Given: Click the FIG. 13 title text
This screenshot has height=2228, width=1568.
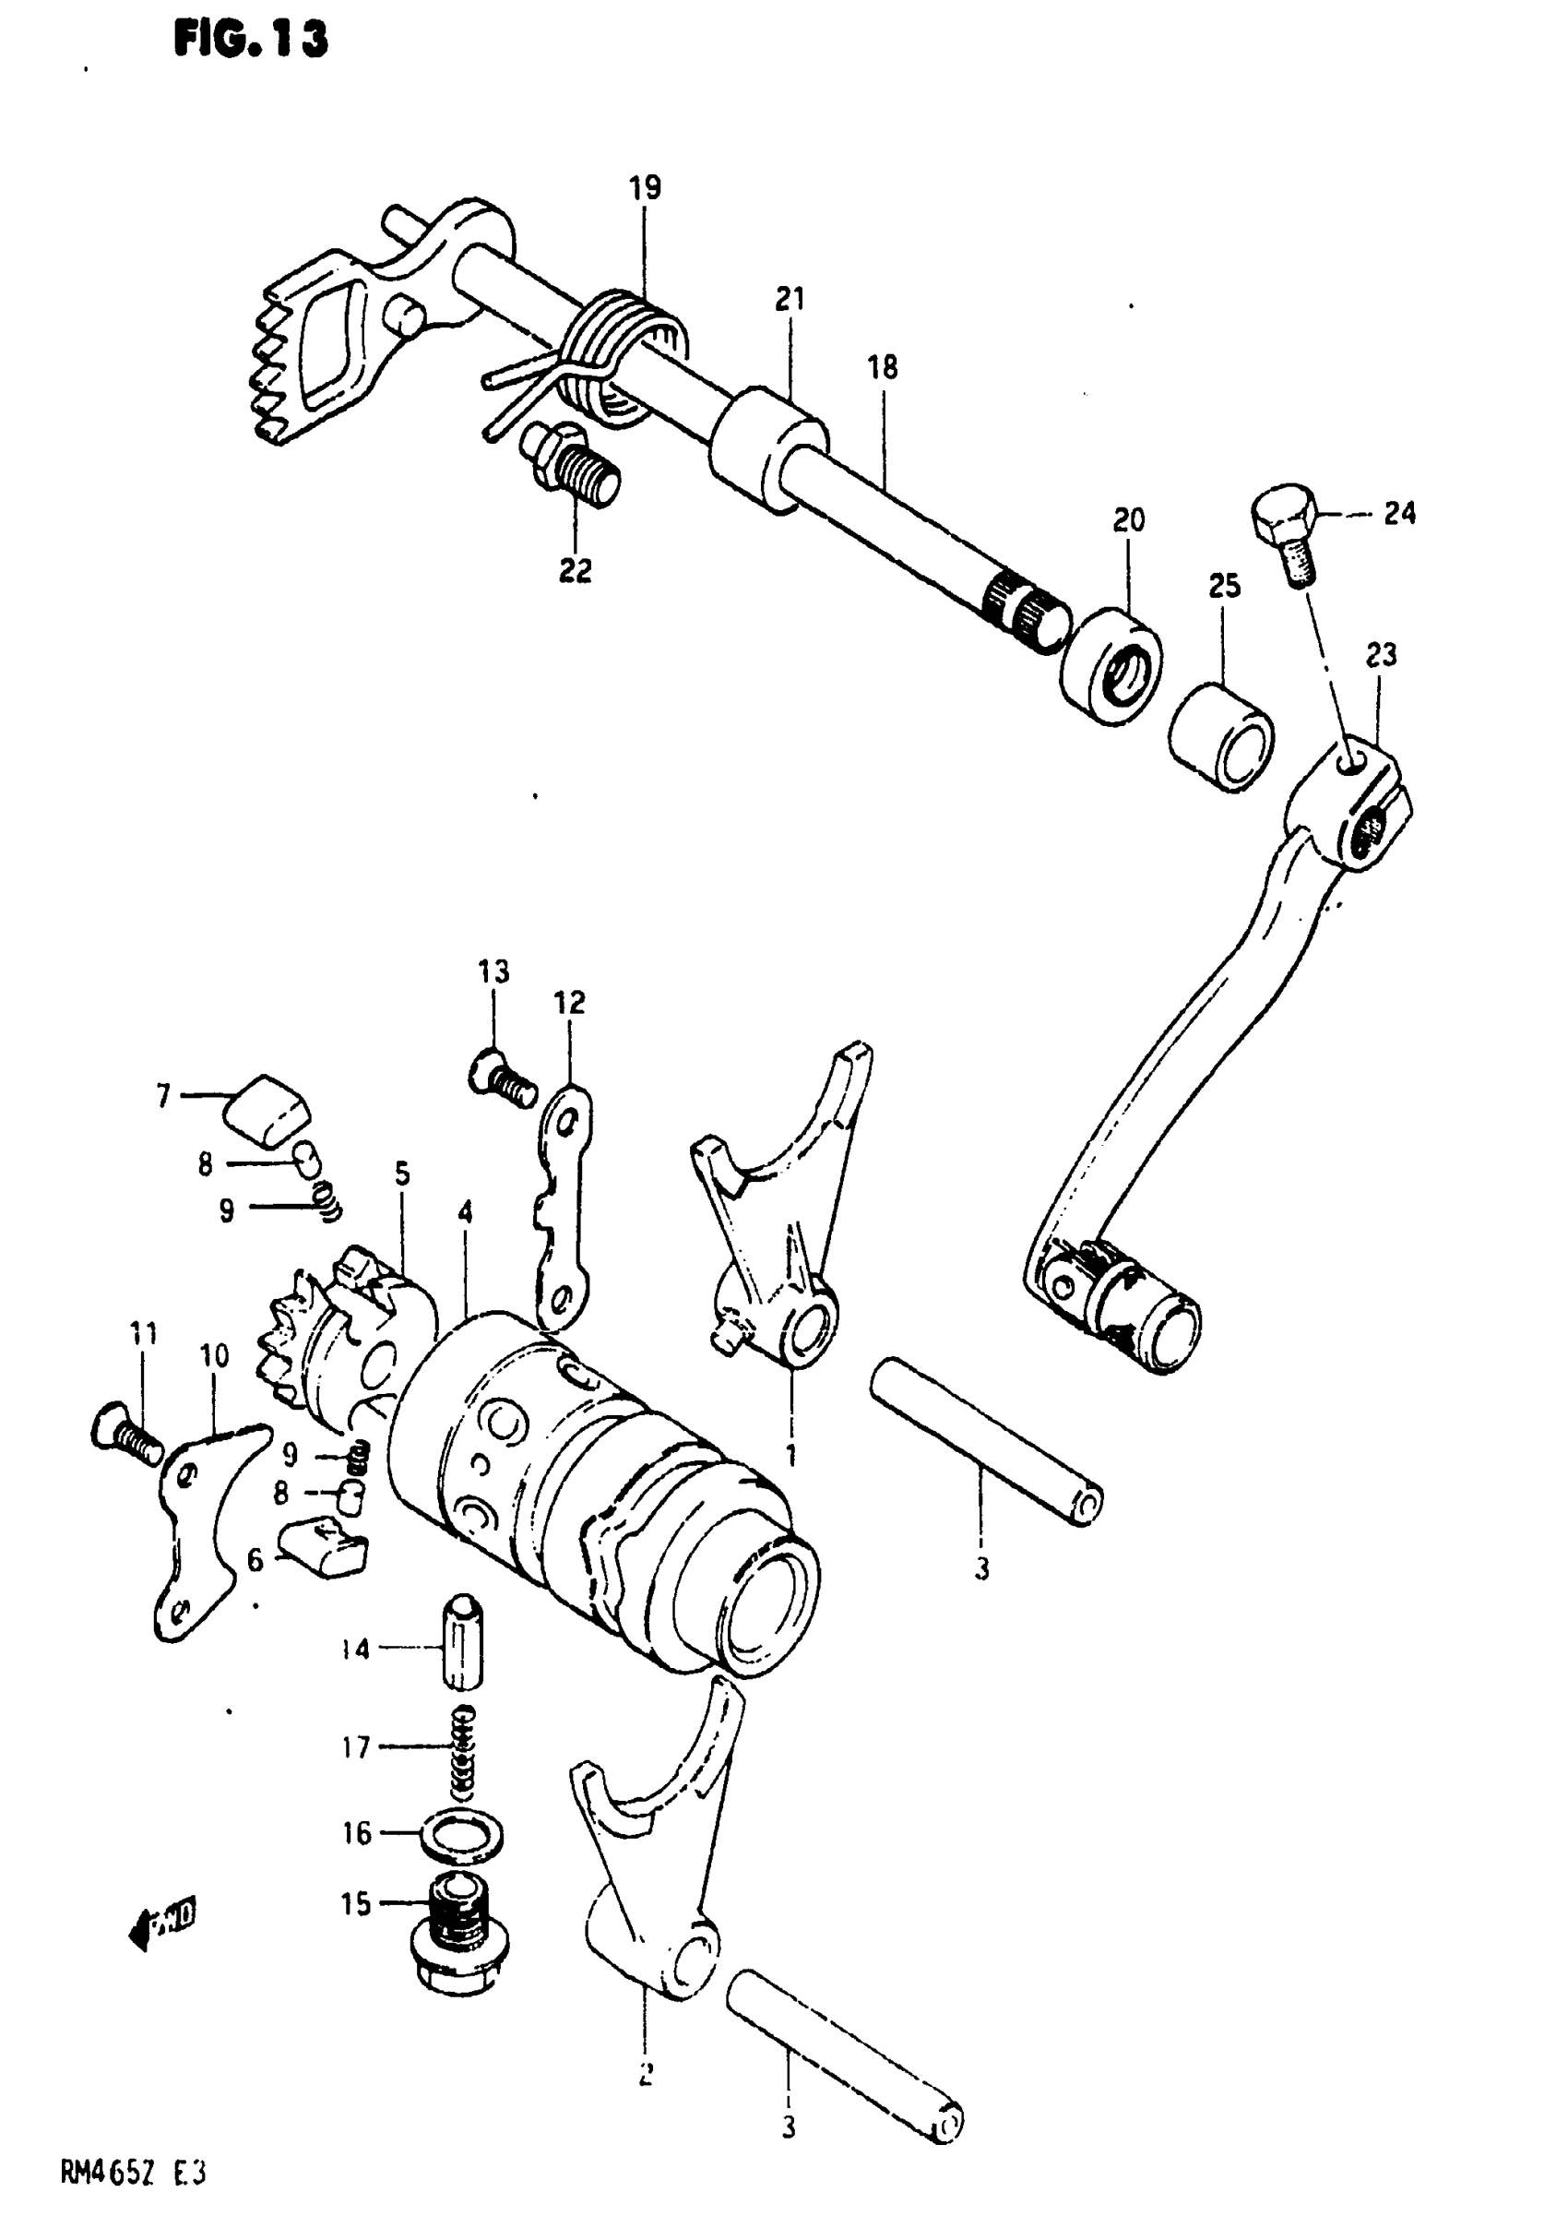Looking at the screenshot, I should tap(251, 41).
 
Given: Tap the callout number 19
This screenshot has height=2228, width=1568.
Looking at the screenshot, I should tap(646, 187).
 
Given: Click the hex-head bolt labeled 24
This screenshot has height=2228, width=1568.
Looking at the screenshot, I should tap(1284, 534).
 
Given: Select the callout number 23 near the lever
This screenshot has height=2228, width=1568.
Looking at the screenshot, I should tap(1381, 655).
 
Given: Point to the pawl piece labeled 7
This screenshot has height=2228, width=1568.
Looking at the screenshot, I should tap(268, 1105).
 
